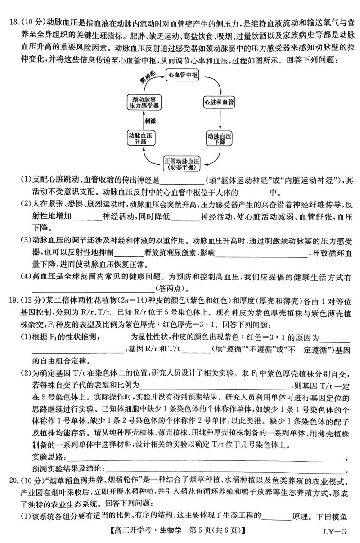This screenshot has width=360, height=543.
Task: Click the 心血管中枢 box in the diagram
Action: point(182,76)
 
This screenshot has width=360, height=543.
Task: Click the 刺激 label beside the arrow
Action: point(150,121)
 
